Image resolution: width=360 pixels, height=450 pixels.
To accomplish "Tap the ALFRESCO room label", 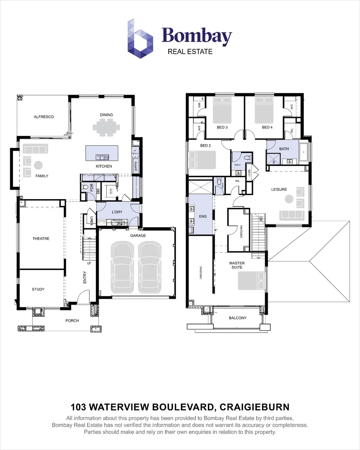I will pyautogui.click(x=44, y=117).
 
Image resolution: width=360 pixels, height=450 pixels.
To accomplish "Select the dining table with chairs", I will pyautogui.click(x=106, y=127).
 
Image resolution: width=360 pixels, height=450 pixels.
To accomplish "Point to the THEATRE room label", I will pyautogui.click(x=41, y=239).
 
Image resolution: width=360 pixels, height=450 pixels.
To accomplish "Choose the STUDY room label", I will pyautogui.click(x=38, y=289).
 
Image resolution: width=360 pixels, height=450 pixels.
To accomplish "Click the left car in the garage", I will pyautogui.click(x=121, y=269).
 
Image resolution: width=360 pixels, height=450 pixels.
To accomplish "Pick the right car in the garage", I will pyautogui.click(x=149, y=269).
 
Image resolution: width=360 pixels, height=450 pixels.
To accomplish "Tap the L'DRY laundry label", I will pyautogui.click(x=116, y=212).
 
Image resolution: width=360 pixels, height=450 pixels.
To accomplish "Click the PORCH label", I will pyautogui.click(x=72, y=320).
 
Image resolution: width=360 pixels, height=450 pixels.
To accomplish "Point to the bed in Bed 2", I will pyautogui.click(x=202, y=160).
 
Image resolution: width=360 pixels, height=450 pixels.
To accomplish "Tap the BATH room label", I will pyautogui.click(x=284, y=149).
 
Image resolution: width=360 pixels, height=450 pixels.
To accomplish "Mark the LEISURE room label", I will pyautogui.click(x=279, y=190).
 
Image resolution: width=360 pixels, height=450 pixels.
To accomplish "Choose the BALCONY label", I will pyautogui.click(x=237, y=318).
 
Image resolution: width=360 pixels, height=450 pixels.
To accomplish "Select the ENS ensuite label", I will pyautogui.click(x=203, y=217).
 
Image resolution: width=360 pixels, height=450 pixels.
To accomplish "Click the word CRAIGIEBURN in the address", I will pyautogui.click(x=254, y=407).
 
